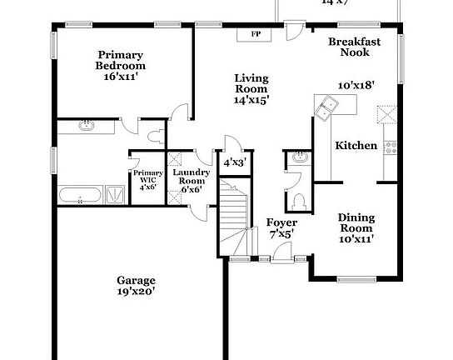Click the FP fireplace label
255,35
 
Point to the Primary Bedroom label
120,60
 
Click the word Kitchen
356,146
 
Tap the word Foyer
282,222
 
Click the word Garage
136,280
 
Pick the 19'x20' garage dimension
136,292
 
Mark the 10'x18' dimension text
356,85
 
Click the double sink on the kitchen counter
327,105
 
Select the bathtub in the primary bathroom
81,197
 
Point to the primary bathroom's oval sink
86,127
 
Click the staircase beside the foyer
235,218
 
